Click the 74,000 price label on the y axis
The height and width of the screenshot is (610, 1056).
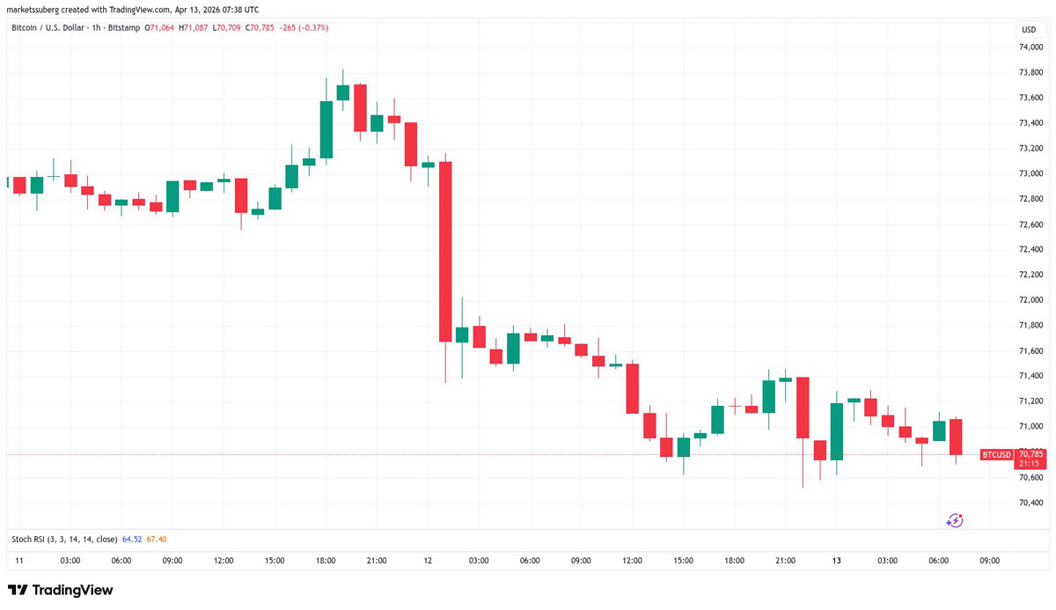pos(1031,47)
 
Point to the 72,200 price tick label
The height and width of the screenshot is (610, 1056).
pos(1031,275)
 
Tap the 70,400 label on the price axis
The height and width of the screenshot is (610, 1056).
pos(1031,503)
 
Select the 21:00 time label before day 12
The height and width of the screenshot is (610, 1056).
pos(377,561)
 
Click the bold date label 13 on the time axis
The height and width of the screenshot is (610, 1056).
pos(836,561)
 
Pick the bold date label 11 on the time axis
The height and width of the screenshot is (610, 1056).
pos(19,561)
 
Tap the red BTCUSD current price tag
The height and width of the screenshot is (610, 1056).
pos(996,454)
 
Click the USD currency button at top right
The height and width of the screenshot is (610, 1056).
pos(1028,29)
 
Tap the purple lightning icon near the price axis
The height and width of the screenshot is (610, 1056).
pos(955,521)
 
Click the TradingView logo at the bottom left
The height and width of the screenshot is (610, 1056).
pos(60,590)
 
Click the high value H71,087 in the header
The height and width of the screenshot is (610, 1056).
pos(194,28)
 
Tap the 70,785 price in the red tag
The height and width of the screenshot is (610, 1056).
pos(1030,453)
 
